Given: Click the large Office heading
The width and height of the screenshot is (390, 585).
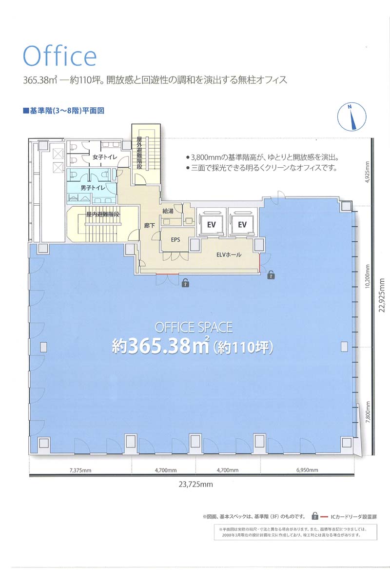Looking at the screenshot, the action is pyautogui.click(x=59, y=56).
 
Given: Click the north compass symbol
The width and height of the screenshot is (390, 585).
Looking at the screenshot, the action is pyautogui.click(x=351, y=117).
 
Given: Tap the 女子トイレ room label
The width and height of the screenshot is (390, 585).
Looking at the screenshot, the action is pyautogui.click(x=105, y=157).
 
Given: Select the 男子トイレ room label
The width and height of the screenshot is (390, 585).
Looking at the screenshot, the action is pyautogui.click(x=93, y=188).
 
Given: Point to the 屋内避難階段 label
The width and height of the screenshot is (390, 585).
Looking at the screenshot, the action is pyautogui.click(x=103, y=214).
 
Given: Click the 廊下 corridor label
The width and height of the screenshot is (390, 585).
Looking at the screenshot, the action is pyautogui.click(x=149, y=225).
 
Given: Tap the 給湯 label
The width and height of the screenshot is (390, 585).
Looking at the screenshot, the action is pyautogui.click(x=168, y=211).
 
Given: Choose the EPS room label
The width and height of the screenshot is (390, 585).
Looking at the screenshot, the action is pyautogui.click(x=175, y=239).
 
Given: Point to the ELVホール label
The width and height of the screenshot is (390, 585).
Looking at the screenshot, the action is pyautogui.click(x=229, y=254).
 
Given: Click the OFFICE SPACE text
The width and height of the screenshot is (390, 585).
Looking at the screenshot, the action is pyautogui.click(x=194, y=328).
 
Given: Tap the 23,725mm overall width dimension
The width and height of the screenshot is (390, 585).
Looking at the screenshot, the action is pyautogui.click(x=195, y=485).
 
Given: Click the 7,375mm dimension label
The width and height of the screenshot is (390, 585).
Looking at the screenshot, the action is pyautogui.click(x=80, y=470).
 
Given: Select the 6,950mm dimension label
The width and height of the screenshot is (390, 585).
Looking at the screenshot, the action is pyautogui.click(x=307, y=470).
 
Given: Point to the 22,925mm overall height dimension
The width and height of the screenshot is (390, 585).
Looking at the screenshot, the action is pyautogui.click(x=382, y=295).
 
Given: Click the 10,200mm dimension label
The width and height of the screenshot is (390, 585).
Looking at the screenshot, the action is pyautogui.click(x=368, y=276).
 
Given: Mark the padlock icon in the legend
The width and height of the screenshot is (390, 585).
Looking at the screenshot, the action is pyautogui.click(x=315, y=516).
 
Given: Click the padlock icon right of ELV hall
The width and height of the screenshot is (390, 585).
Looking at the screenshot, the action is pyautogui.click(x=271, y=274).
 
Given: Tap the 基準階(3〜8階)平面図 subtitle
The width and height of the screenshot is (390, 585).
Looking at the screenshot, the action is pyautogui.click(x=64, y=111).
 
